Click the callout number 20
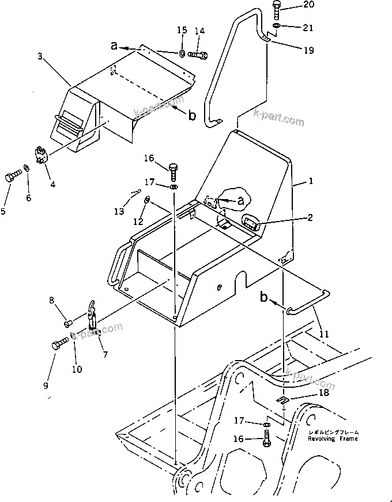[310, 5]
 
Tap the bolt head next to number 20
[276, 9]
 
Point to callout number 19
[308, 50]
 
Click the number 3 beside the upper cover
[40, 56]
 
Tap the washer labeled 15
[182, 54]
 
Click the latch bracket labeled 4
[40, 155]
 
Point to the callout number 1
[311, 181]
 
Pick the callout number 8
[51, 300]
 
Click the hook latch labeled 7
[92, 316]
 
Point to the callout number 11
[323, 333]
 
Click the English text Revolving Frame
[333, 439]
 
